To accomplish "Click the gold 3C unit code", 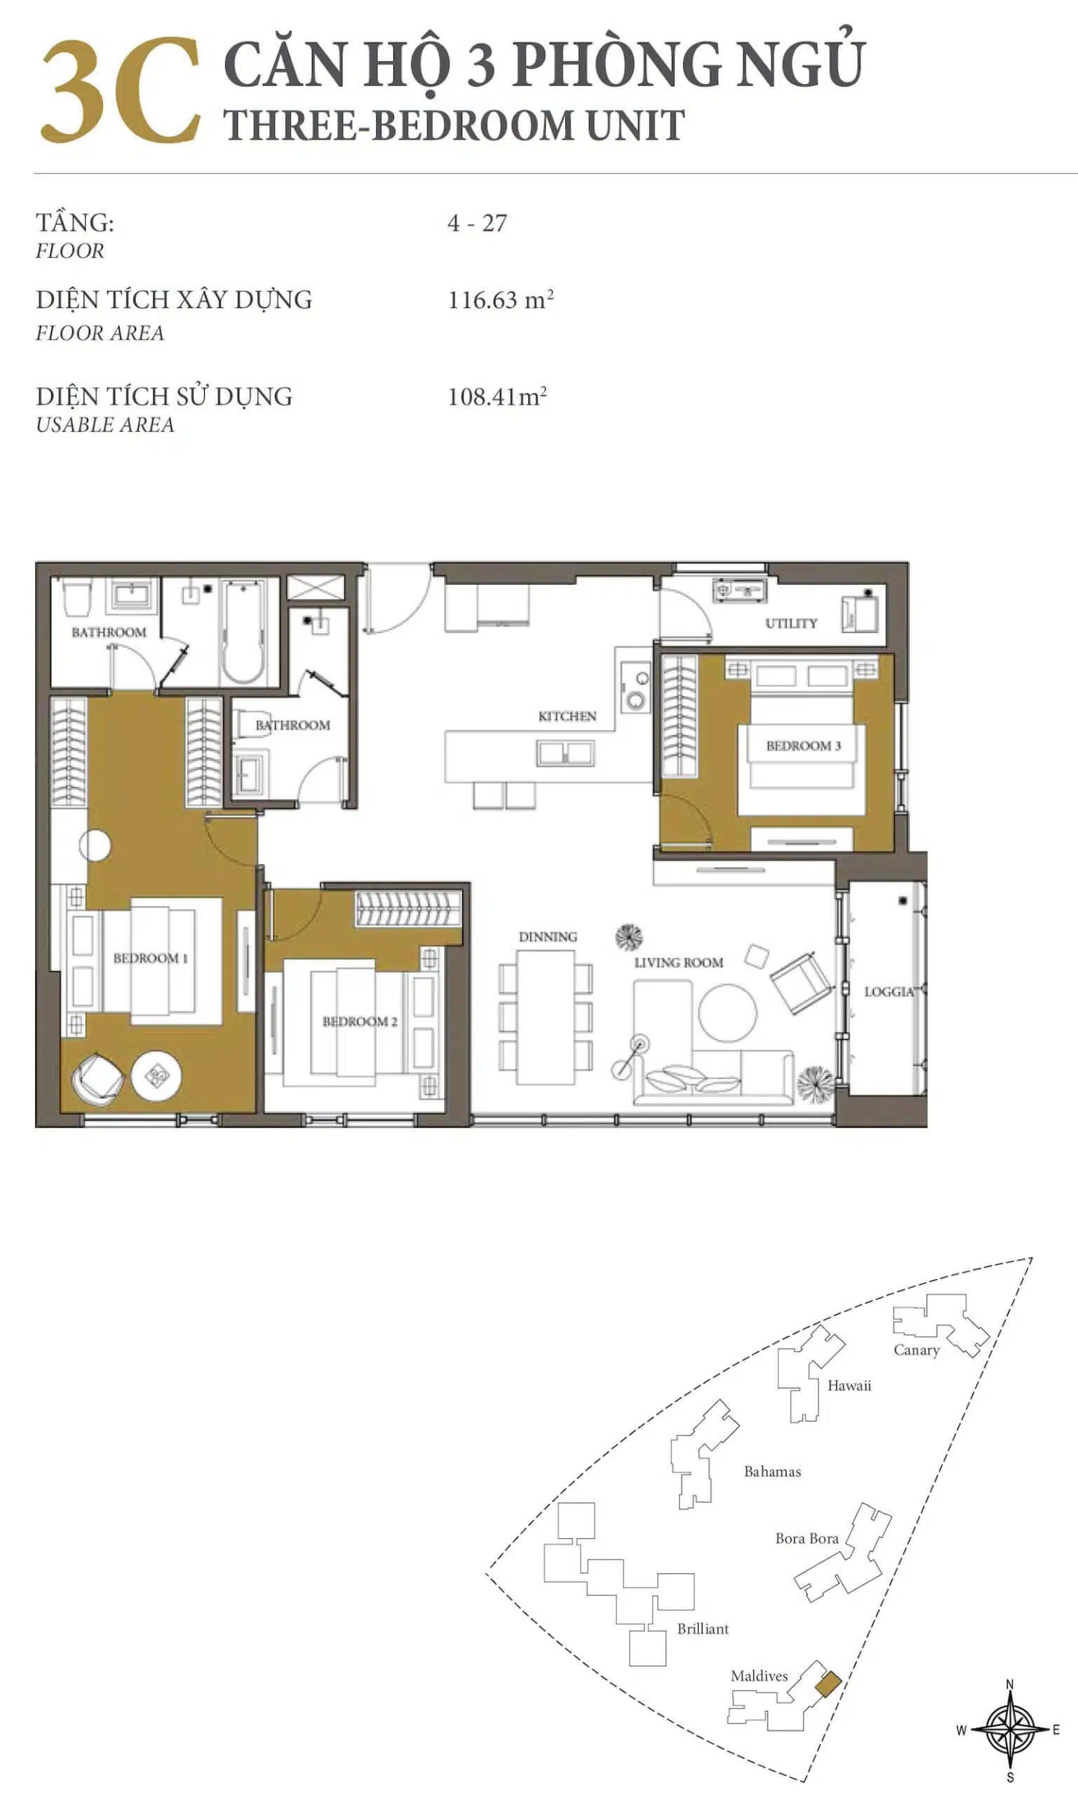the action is click(121, 90).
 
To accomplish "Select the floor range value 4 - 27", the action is click(477, 223).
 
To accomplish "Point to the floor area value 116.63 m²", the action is click(501, 299).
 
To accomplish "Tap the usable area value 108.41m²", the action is click(497, 395).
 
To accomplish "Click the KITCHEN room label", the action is click(567, 716).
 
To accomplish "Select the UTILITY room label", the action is click(791, 623).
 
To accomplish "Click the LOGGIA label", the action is click(889, 991).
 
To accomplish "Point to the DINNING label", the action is click(548, 937).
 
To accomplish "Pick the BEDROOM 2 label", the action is click(360, 1021).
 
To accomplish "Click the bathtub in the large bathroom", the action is click(243, 632).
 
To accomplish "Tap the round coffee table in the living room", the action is click(727, 1013).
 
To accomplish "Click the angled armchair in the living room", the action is click(801, 982).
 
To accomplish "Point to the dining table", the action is click(546, 1017).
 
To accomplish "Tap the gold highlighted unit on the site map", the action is click(828, 1684).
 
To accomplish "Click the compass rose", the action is click(1010, 1730).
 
